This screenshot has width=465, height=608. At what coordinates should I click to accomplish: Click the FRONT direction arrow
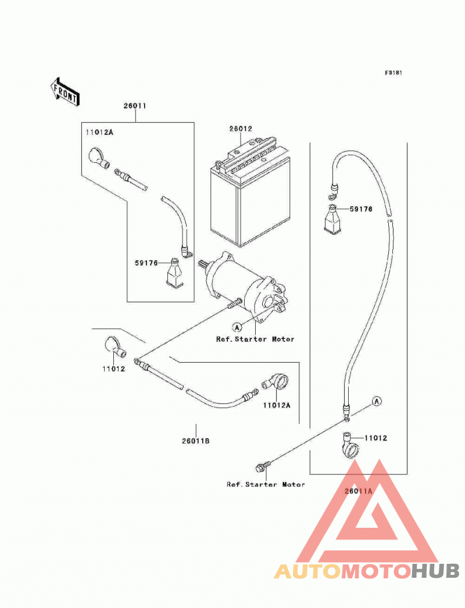65,91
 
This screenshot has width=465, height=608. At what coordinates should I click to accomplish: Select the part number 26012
241,128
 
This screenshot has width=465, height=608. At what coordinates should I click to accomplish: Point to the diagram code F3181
394,73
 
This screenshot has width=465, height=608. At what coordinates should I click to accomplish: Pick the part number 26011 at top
135,105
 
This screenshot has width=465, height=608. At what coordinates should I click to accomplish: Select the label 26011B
196,441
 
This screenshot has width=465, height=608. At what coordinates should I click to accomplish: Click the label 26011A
359,491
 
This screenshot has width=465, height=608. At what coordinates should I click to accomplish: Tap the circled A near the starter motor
237,327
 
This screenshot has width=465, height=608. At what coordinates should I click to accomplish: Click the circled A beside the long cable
377,401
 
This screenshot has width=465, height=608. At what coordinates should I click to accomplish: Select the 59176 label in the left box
146,263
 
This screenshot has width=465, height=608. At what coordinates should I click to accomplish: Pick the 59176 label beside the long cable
361,209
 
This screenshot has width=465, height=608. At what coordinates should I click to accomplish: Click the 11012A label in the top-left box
99,133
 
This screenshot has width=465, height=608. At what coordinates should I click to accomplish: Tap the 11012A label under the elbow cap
277,406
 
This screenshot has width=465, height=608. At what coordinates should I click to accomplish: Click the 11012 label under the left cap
113,369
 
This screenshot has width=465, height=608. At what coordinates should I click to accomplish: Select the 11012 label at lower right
376,438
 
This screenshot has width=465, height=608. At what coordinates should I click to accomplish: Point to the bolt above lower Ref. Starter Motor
262,467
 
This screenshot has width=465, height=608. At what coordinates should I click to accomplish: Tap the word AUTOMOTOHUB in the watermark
367,571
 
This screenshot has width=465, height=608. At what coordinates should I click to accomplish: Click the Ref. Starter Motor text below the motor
255,339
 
